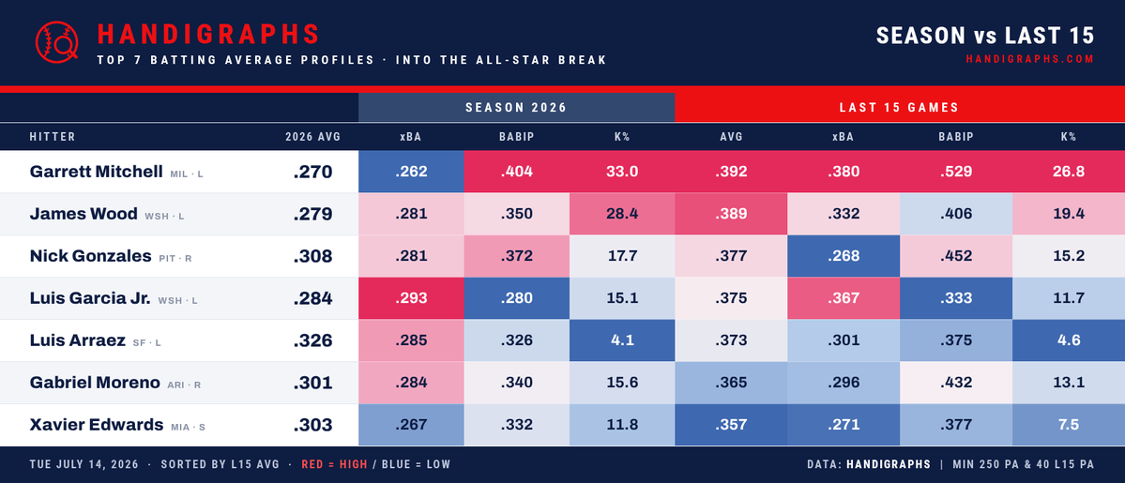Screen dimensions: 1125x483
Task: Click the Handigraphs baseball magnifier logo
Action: [56, 41]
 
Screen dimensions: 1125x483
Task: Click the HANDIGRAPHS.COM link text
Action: [1030, 60]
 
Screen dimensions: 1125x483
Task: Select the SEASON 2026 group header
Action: [516, 108]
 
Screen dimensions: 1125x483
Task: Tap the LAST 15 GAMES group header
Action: [899, 108]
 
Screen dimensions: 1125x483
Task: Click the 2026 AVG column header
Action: [312, 137]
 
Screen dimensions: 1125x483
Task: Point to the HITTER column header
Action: [53, 137]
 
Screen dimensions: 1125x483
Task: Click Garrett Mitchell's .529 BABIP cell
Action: [956, 172]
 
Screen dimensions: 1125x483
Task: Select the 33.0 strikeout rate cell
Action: [621, 172]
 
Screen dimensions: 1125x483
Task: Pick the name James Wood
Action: [84, 214]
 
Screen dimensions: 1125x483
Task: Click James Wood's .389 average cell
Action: [730, 214]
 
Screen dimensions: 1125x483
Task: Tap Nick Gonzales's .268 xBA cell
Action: [843, 256]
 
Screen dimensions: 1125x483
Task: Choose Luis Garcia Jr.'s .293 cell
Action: [411, 298]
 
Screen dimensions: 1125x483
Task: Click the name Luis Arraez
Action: [78, 340]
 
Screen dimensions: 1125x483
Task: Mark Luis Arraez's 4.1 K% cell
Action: [621, 340]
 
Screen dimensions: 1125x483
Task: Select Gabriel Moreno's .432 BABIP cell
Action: [956, 383]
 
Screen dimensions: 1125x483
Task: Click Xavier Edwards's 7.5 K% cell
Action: [1069, 425]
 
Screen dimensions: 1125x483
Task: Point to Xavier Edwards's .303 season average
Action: [312, 425]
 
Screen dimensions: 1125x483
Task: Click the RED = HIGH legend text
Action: [334, 464]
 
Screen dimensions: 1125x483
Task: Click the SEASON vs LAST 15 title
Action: [985, 35]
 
